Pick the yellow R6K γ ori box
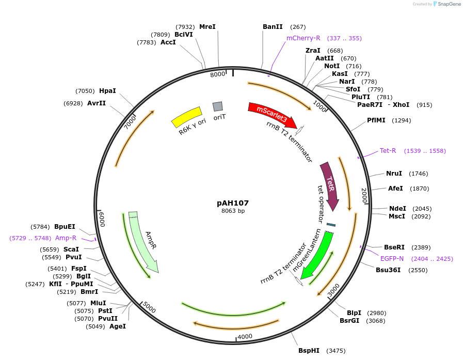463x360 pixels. click(x=187, y=117)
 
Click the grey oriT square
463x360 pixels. click(x=218, y=106)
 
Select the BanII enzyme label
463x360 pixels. click(x=273, y=27)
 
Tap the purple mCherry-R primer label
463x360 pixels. click(x=304, y=38)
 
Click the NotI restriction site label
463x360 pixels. click(x=332, y=66)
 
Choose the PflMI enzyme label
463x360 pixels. click(x=376, y=120)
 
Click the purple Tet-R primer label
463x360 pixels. click(x=388, y=151)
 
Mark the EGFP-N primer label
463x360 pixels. click(x=392, y=258)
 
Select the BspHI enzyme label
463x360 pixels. click(x=309, y=351)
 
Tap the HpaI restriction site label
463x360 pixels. click(x=107, y=91)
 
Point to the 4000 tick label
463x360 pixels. click(x=245, y=337)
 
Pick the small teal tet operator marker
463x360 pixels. click(x=331, y=225)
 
